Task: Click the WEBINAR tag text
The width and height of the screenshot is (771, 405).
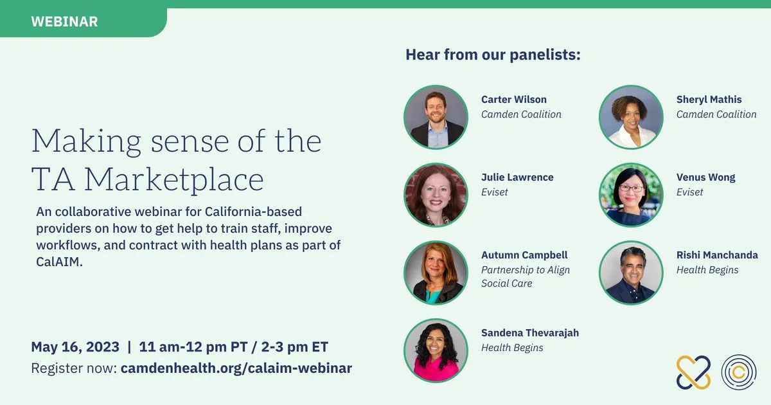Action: tap(64, 22)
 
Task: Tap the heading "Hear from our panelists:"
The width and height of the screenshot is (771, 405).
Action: tap(493, 55)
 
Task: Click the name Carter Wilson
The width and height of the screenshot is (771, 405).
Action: tap(514, 100)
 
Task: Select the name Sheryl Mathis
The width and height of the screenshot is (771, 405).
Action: tap(709, 100)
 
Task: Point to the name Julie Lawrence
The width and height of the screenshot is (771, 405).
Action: tap(517, 177)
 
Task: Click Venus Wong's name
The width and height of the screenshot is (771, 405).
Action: tap(705, 177)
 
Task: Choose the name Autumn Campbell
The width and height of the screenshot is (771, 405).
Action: tap(524, 255)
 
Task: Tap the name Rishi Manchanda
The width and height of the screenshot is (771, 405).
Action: tap(717, 255)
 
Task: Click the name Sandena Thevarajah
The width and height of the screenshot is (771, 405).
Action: tap(530, 333)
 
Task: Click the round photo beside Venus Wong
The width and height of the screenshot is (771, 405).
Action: tap(631, 195)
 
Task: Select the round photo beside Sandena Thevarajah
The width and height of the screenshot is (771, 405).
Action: tap(436, 350)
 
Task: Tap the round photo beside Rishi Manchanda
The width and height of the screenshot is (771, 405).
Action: tap(631, 273)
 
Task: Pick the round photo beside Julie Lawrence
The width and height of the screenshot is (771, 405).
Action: tap(436, 195)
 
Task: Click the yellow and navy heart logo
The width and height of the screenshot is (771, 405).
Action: tap(693, 372)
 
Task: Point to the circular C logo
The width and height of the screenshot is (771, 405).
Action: tap(739, 372)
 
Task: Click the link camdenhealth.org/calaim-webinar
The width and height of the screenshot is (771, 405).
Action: tap(236, 368)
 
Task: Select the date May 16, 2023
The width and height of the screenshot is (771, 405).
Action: tap(75, 347)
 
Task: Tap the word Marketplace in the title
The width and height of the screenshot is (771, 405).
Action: tap(174, 180)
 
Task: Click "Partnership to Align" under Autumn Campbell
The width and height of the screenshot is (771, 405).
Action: tap(526, 270)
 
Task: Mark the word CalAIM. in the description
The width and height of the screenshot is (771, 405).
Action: tap(60, 262)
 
